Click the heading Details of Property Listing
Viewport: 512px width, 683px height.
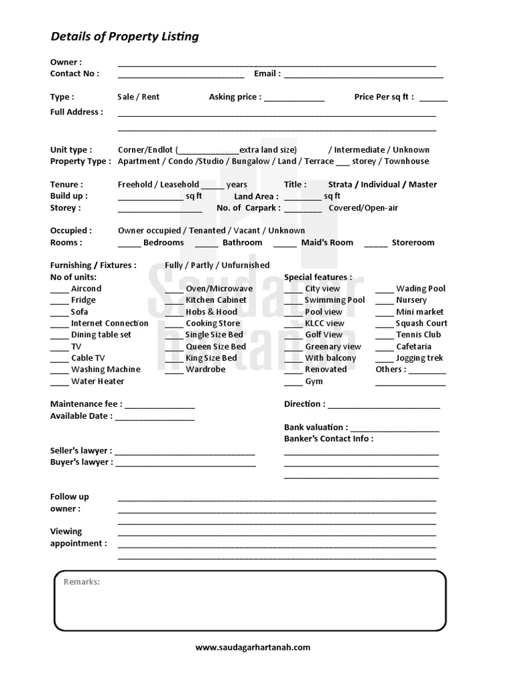point(125,37)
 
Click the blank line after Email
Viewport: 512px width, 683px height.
point(363,75)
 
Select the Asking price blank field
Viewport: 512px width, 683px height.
point(294,99)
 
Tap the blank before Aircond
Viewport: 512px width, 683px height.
point(59,290)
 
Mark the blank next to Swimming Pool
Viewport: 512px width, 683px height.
point(293,301)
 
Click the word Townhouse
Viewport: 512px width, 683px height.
point(407,161)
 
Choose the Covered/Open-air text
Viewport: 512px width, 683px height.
point(363,208)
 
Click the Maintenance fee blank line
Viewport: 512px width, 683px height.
point(159,406)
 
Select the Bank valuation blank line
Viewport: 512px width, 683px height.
point(395,429)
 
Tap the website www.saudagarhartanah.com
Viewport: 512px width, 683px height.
point(253,647)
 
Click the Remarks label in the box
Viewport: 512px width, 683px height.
point(81,582)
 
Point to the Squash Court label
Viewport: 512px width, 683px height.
point(421,323)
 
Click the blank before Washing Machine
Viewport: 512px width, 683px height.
point(59,371)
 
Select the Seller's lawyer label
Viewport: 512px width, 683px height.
point(81,451)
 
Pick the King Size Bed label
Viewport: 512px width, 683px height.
point(211,358)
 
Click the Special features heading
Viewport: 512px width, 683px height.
point(318,277)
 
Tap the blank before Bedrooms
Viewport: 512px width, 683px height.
point(129,244)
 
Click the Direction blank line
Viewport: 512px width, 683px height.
point(384,406)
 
